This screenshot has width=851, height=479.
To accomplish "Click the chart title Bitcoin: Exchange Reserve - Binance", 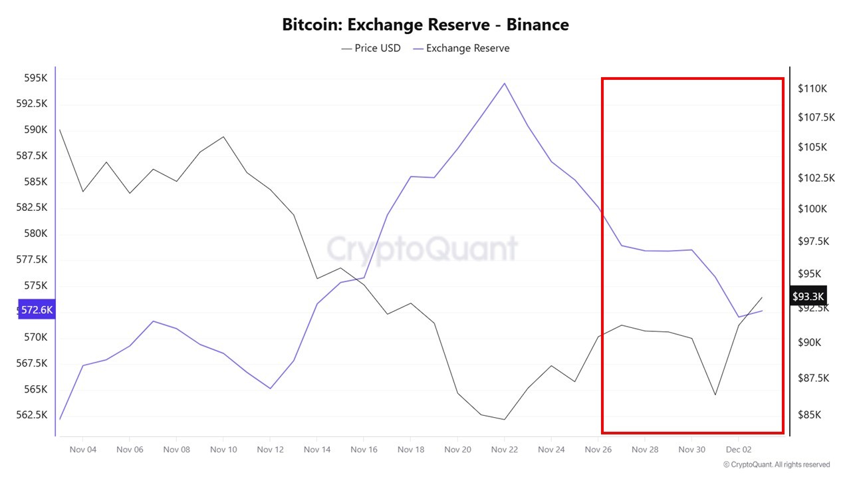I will tap(425, 25).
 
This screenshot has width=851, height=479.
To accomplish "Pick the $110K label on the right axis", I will tap(812, 88).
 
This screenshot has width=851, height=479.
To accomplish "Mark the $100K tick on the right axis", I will tap(812, 209).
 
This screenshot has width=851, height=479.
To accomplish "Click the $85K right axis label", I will tap(809, 415).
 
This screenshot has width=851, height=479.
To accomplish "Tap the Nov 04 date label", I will tap(83, 450).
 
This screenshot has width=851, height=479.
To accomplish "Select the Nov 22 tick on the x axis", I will tap(505, 450).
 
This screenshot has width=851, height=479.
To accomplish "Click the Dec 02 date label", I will tap(738, 450).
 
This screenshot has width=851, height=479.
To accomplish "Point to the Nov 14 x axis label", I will tap(317, 450).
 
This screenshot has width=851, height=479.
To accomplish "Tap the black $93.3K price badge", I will tap(808, 296).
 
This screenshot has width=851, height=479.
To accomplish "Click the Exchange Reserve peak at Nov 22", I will tap(505, 83).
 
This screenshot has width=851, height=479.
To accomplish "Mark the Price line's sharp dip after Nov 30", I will tap(715, 395).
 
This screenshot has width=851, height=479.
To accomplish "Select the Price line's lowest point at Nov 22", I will tap(505, 419).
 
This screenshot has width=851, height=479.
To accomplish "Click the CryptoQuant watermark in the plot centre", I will tap(422, 249).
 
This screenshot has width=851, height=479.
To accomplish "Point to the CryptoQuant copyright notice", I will tap(777, 464).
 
